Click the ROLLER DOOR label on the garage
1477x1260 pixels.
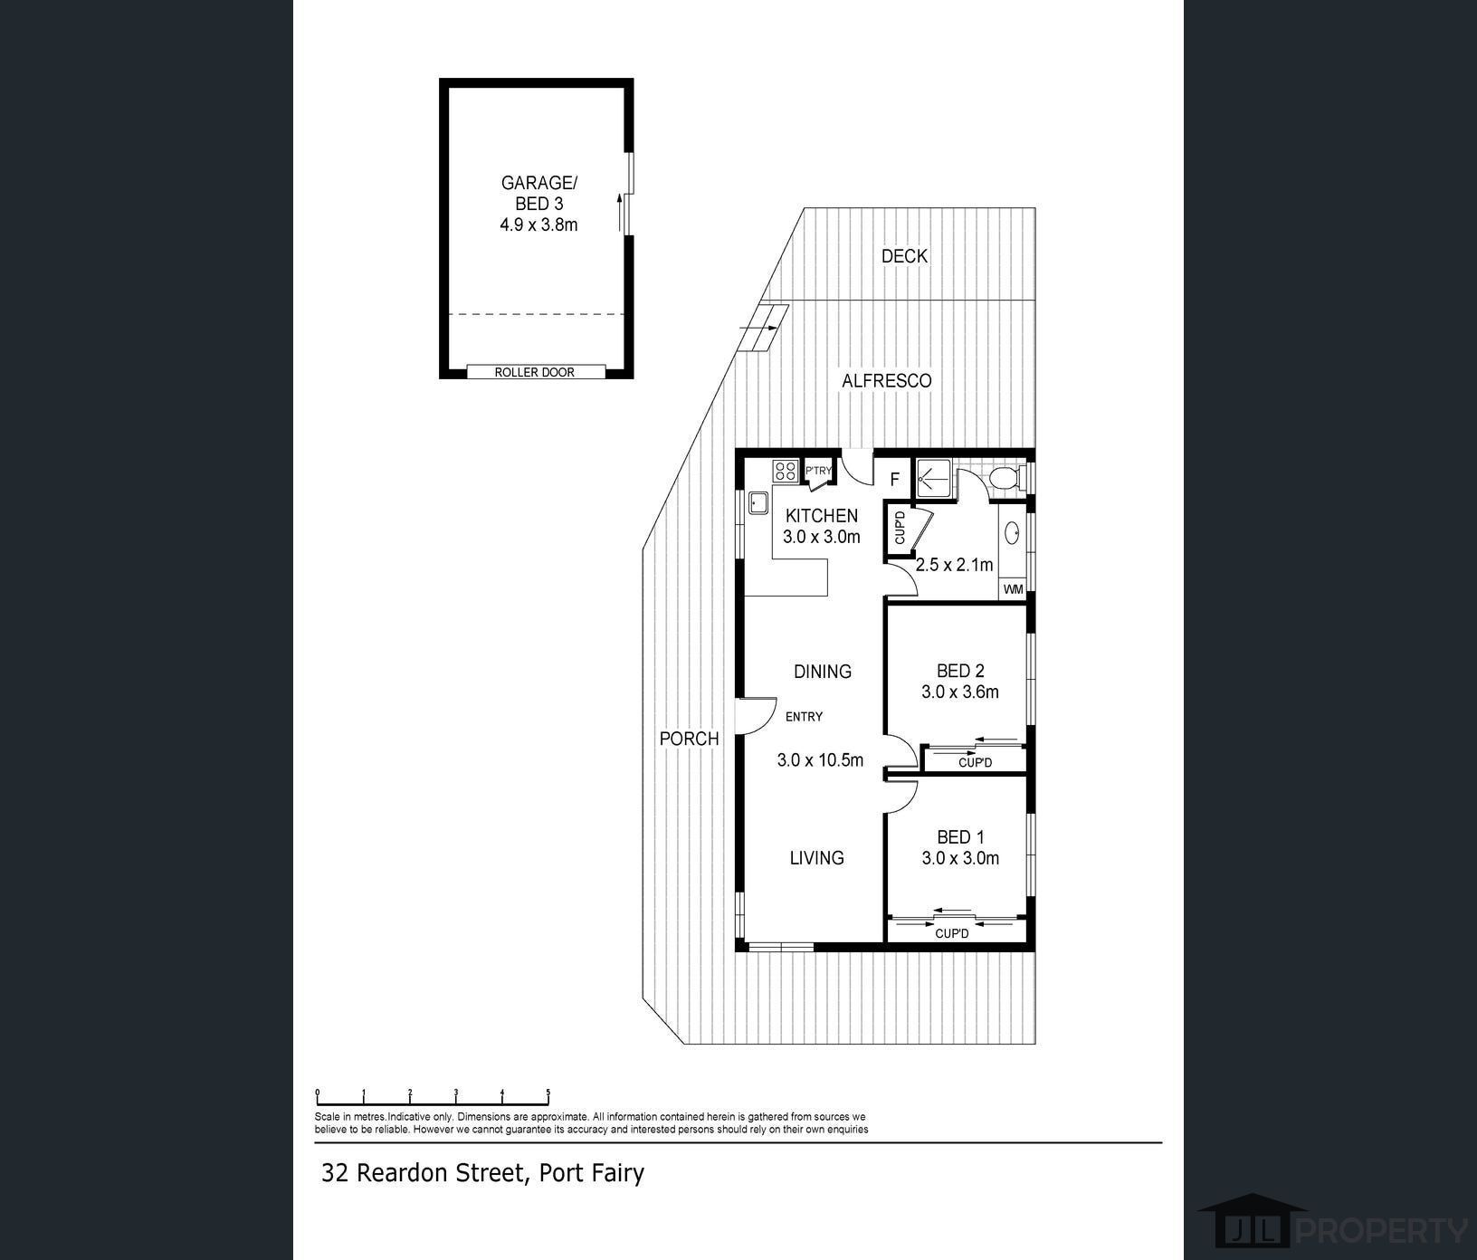click(x=534, y=372)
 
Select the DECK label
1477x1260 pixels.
click(x=904, y=256)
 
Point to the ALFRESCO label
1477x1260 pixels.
click(x=886, y=381)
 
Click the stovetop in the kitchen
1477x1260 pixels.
click(x=785, y=471)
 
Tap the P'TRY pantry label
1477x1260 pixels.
click(x=818, y=471)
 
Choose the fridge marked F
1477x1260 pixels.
click(x=894, y=480)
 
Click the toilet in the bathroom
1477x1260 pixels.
click(x=1005, y=477)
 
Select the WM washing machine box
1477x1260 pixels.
click(x=1013, y=589)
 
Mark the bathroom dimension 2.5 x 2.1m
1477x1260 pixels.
click(x=954, y=566)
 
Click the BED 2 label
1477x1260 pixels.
click(x=960, y=671)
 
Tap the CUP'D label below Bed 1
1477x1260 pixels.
click(x=952, y=933)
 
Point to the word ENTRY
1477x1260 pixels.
click(x=804, y=717)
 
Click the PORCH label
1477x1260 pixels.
click(x=689, y=739)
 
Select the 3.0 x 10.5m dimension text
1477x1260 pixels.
click(x=820, y=760)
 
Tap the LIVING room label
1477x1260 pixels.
click(x=816, y=858)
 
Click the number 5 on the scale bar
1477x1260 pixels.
click(x=548, y=1093)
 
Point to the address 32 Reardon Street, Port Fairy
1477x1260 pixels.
click(x=483, y=1173)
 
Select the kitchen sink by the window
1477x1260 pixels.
click(x=758, y=504)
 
